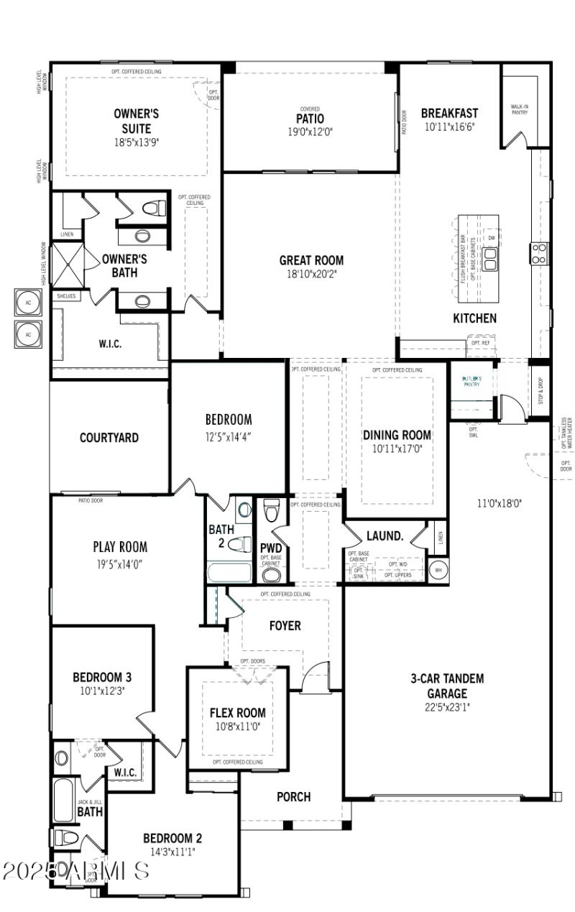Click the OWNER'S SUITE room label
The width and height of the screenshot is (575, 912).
pos(136,121)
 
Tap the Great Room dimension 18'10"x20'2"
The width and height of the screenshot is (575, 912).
pos(311,275)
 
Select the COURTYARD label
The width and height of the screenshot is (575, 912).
pos(109,438)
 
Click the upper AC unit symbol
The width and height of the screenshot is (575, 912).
pos(29,303)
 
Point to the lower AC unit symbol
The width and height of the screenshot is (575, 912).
pos(29,334)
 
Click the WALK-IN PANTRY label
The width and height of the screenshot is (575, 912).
pos(519,109)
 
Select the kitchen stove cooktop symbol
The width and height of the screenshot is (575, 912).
pos(539,252)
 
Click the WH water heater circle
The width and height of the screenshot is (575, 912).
pos(438,571)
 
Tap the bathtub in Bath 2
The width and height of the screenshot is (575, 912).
pos(229,573)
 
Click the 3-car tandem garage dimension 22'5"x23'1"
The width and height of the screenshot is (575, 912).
pos(447,706)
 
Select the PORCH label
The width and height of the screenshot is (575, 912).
pos(294,796)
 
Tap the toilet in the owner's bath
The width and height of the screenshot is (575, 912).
pos(151,209)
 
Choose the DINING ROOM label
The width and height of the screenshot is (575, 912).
pos(397,435)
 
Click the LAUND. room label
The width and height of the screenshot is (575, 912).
pos(385,536)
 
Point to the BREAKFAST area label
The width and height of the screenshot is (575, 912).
pos(449,114)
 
